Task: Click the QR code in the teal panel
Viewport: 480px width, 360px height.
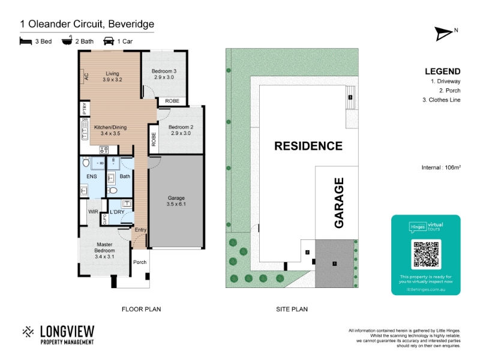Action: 426,254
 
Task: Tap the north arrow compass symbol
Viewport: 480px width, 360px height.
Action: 444,34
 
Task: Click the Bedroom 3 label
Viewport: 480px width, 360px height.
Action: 164,74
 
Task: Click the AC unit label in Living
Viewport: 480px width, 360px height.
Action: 86,76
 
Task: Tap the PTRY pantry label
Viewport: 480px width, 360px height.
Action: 85,109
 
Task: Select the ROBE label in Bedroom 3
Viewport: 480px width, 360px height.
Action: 172,101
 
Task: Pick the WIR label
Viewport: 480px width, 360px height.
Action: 93,212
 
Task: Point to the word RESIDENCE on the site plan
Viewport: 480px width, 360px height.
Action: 308,146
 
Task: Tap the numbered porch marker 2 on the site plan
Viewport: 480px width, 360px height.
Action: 307,253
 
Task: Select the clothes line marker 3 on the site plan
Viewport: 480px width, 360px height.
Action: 350,97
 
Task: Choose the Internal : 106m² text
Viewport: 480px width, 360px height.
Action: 441,168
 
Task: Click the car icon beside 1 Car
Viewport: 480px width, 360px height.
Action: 109,41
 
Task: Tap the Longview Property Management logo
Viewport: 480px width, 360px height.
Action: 58,335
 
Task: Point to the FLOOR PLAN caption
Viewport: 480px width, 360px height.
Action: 141,309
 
